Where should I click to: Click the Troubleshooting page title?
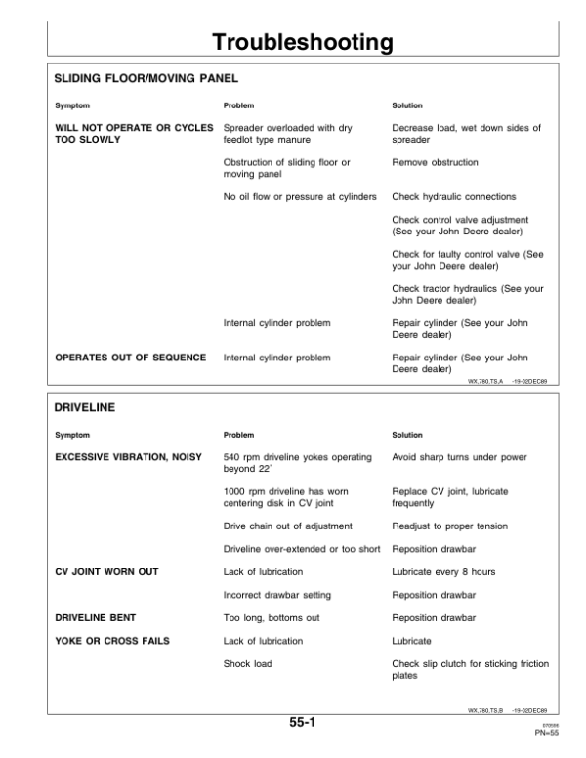[x=303, y=42]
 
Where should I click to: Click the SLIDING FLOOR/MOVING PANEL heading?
[x=146, y=76]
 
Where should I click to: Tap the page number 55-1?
[x=301, y=723]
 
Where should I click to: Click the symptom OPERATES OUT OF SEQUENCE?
[x=130, y=358]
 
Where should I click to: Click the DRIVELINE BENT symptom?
[x=95, y=618]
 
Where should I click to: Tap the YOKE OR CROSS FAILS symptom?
[x=111, y=641]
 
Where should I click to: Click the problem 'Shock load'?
[x=248, y=664]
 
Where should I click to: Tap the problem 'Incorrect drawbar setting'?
[x=277, y=595]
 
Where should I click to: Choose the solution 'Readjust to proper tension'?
[x=449, y=526]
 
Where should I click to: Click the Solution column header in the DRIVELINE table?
[x=407, y=435]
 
